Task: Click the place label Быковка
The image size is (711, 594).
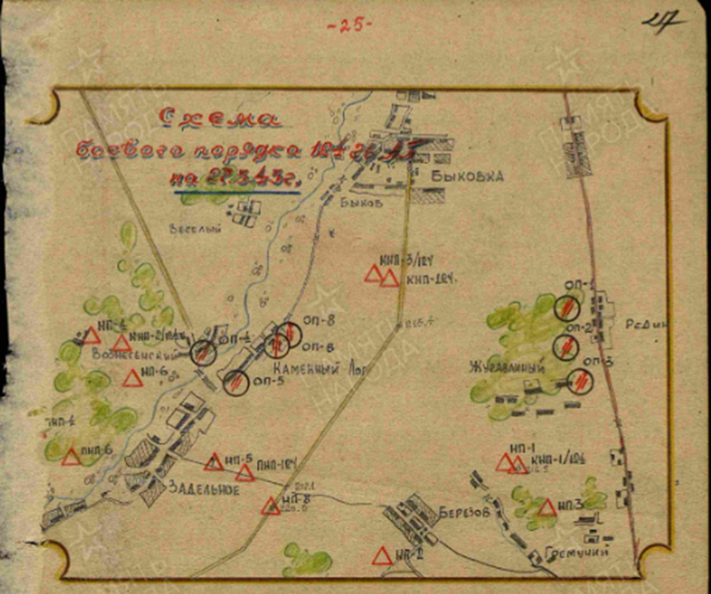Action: [x=467, y=176]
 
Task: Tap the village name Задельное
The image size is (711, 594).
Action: [x=201, y=488]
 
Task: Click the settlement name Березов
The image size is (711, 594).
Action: [x=463, y=511]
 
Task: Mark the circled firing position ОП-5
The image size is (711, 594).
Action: [x=236, y=382]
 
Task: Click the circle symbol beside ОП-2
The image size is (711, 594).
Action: [x=564, y=346]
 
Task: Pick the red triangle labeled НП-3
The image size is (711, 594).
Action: [x=547, y=508]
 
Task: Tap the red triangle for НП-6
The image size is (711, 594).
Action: [x=133, y=378]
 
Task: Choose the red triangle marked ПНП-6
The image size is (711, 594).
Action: [x=72, y=457]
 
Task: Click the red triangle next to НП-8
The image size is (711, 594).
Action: [x=270, y=506]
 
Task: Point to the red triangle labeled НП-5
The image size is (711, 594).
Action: [x=213, y=462]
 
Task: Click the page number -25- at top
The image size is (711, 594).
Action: [x=348, y=26]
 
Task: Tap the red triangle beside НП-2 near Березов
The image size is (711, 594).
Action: [x=382, y=556]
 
